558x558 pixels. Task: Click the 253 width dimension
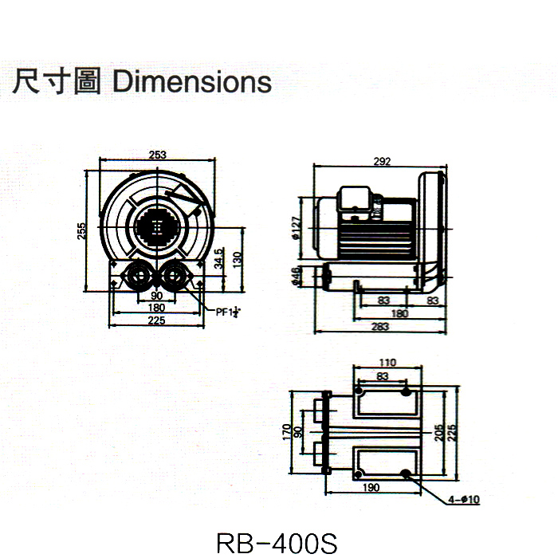(x=157, y=155)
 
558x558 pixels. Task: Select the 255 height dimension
(x=81, y=230)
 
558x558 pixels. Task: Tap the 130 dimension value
(x=236, y=260)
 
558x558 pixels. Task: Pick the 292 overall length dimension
(x=382, y=161)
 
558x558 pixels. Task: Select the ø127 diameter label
(x=297, y=228)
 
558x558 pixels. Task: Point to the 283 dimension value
(x=382, y=325)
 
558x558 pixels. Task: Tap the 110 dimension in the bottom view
(x=386, y=363)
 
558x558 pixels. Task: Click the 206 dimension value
(x=438, y=431)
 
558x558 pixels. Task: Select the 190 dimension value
(x=371, y=486)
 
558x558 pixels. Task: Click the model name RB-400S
(x=277, y=542)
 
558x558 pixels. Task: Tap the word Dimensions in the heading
(x=192, y=82)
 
